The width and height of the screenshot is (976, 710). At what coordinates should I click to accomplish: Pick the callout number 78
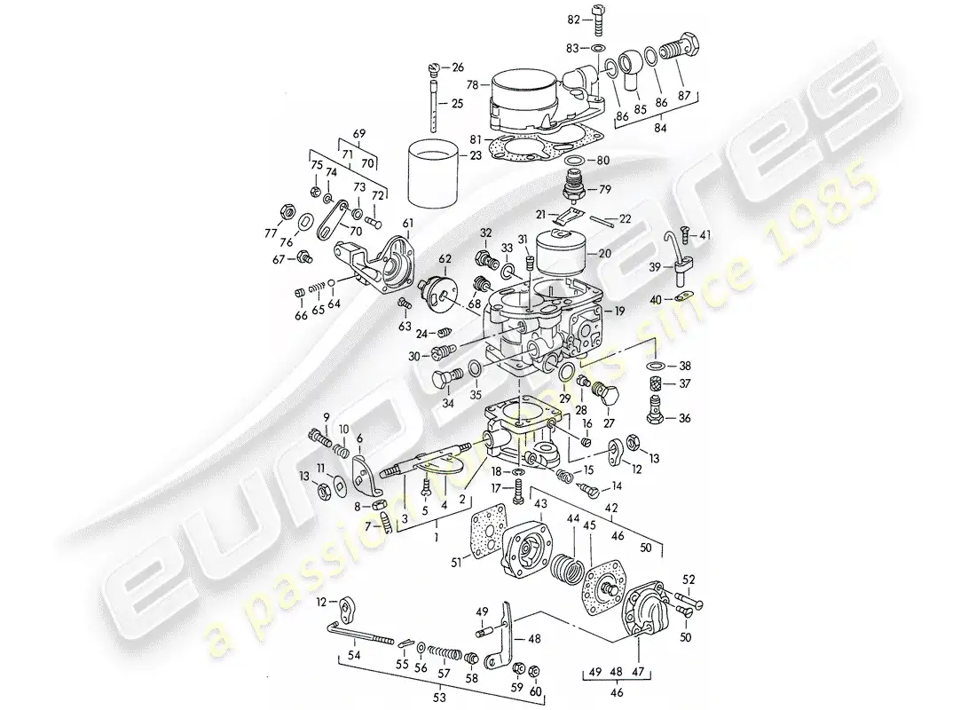point(473,85)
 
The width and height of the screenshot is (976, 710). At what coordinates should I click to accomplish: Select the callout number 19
point(618,312)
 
